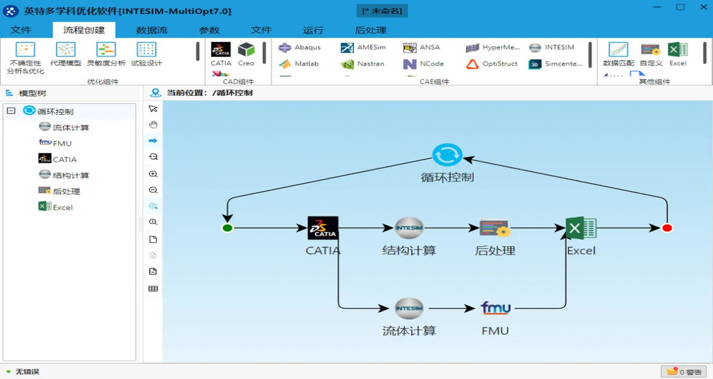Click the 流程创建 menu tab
click(x=84, y=30)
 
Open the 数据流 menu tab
click(x=152, y=30)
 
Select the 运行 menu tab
click(x=313, y=30)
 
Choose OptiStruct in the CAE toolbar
click(x=492, y=64)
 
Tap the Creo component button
click(x=246, y=54)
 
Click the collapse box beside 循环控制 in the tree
click(x=11, y=111)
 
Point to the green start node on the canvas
click(x=227, y=228)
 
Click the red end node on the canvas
click(x=667, y=228)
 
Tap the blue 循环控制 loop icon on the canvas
click(x=447, y=155)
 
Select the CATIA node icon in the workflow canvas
click(x=323, y=228)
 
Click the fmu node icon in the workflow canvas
click(x=495, y=308)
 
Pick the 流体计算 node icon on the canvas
click(x=409, y=308)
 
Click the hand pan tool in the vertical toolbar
click(x=153, y=124)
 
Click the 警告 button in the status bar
click(x=684, y=372)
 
